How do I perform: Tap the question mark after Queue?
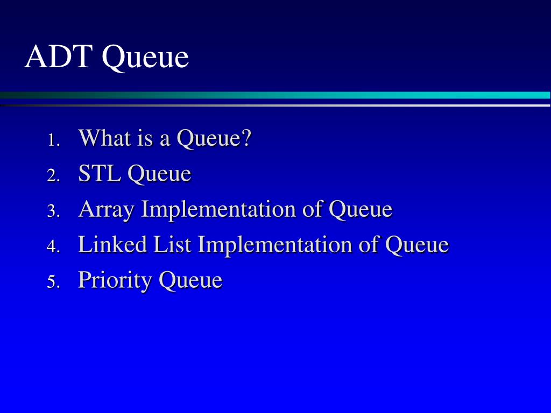pyautogui.click(x=246, y=138)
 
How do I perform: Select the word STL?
pyautogui.click(x=100, y=174)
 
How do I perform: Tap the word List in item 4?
pyautogui.click(x=172, y=245)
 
